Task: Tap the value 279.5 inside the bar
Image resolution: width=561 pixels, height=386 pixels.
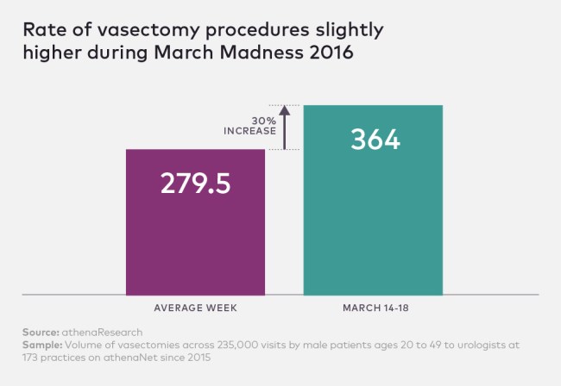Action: [x=196, y=184]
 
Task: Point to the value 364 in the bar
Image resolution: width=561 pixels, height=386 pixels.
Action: [x=375, y=140]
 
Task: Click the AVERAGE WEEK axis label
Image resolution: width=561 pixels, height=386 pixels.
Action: [x=196, y=308]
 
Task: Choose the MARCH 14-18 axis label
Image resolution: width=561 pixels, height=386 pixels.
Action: [x=373, y=308]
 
